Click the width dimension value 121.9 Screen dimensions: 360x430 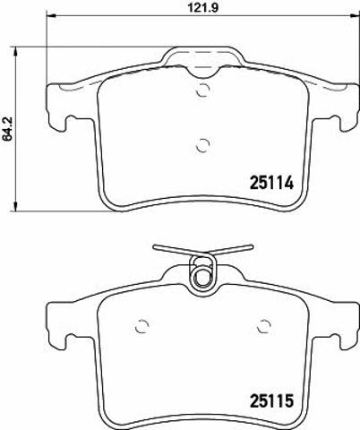(203, 7)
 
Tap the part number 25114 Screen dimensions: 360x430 (271, 183)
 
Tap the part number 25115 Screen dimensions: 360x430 (271, 400)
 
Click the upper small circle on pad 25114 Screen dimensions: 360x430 (203, 90)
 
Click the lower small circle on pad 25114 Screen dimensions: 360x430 (203, 145)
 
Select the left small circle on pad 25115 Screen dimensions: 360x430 (141, 326)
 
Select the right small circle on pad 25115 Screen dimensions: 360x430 (264, 326)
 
